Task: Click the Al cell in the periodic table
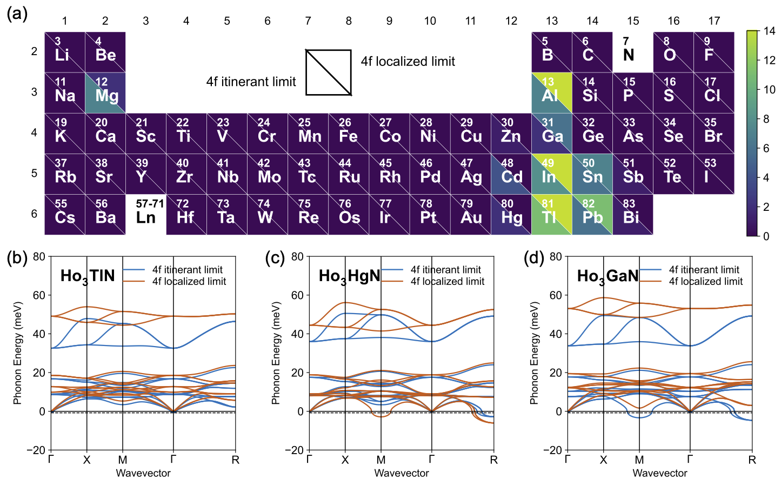click(551, 92)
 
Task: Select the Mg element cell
click(105, 92)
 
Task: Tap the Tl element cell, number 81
click(551, 215)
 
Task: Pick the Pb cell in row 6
click(592, 215)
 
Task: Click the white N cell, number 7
click(632, 52)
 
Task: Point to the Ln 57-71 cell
click(146, 215)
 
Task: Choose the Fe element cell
click(349, 133)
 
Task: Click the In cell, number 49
click(551, 174)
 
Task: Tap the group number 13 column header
click(551, 21)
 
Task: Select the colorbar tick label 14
click(770, 31)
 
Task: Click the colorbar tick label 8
click(767, 119)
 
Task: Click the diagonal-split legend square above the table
click(329, 72)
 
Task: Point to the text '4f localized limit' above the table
click(408, 62)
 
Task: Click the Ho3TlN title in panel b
click(88, 276)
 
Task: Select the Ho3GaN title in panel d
click(608, 276)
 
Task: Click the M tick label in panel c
click(381, 460)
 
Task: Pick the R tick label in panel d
click(752, 460)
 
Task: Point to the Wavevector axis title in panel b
click(143, 473)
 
